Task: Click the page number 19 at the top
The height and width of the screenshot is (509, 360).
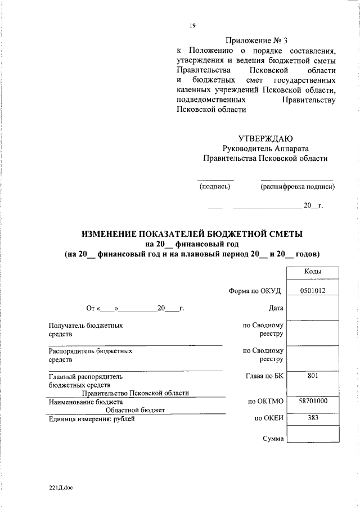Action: (192, 25)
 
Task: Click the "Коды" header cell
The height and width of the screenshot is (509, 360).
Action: (313, 271)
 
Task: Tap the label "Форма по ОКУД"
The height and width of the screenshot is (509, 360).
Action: (254, 291)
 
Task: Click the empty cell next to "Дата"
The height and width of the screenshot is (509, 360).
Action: (313, 308)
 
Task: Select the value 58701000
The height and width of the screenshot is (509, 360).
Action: (313, 401)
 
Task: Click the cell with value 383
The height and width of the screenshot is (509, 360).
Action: (313, 418)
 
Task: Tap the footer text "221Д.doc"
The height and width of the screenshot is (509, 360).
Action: (61, 487)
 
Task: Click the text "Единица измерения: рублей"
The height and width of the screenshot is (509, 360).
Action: (92, 418)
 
